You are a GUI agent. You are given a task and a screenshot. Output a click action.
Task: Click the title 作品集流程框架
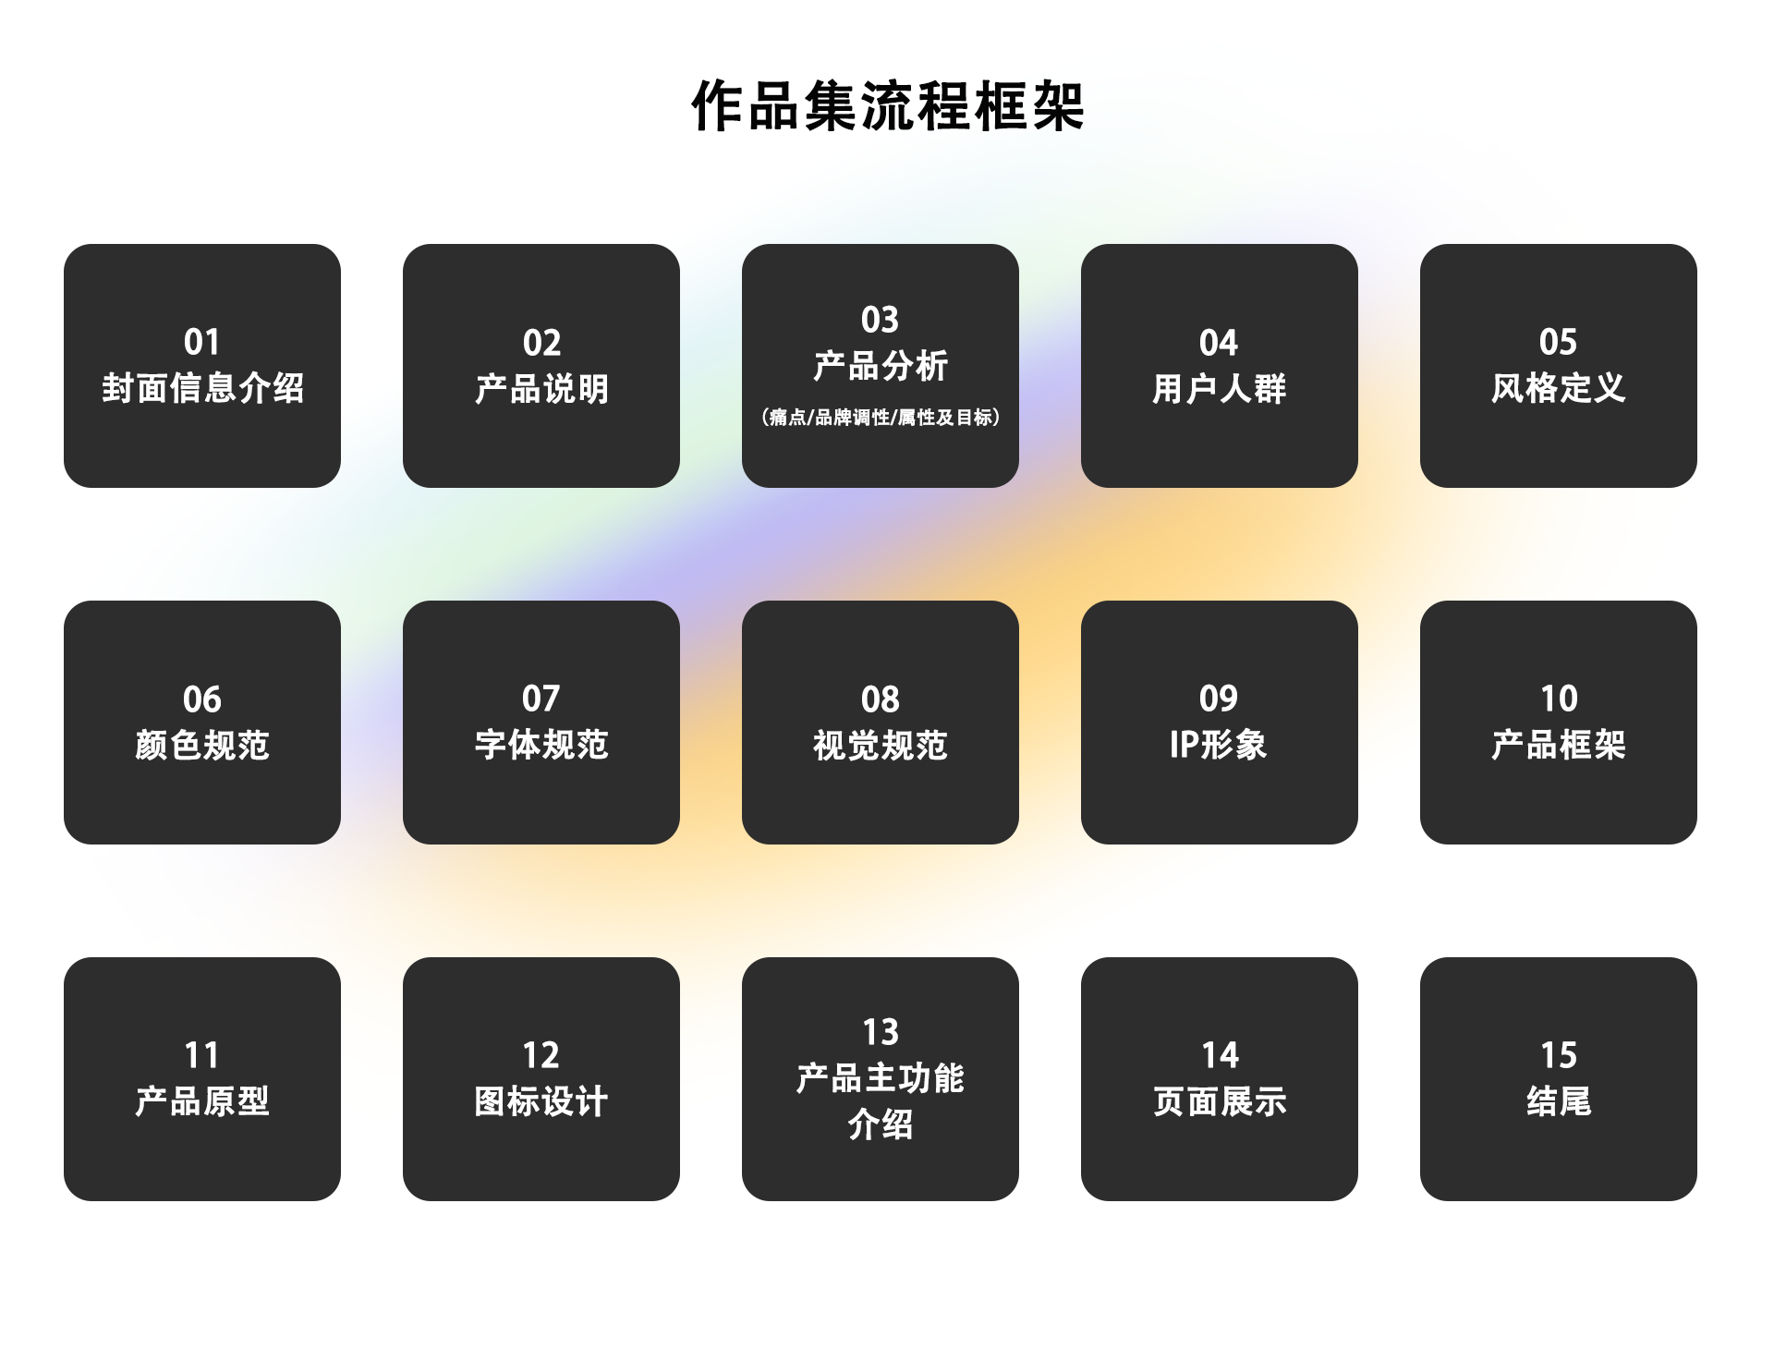[x=887, y=105]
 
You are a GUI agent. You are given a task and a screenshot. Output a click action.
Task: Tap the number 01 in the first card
[x=201, y=342]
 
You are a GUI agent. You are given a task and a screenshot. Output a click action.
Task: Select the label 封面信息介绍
[x=202, y=388]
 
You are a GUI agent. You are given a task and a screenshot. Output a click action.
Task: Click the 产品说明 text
[x=541, y=389]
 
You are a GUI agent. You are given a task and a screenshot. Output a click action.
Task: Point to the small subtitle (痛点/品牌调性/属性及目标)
[x=881, y=418]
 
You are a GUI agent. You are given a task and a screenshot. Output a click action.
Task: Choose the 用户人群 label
[x=1219, y=389]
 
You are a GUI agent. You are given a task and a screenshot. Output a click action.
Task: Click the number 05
[x=1558, y=342]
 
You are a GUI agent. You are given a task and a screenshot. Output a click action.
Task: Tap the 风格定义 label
[x=1558, y=388]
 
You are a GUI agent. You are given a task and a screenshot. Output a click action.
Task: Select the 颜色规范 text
[x=202, y=745]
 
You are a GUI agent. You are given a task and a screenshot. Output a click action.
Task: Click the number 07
[x=541, y=699]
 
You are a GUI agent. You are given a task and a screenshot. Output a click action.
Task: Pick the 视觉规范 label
[x=881, y=745]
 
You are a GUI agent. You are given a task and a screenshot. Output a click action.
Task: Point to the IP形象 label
[x=1218, y=745]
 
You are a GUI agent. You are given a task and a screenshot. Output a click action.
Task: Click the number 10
[x=1559, y=699]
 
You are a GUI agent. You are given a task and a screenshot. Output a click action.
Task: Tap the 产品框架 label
[x=1558, y=745]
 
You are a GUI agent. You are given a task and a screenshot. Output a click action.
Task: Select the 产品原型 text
[x=202, y=1101]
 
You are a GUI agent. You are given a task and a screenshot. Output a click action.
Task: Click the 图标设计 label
[x=541, y=1101]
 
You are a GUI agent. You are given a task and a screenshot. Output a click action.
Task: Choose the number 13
[x=881, y=1031]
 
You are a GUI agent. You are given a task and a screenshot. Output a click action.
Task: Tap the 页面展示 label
[x=1220, y=1101]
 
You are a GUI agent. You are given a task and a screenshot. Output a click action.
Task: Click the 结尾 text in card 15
[x=1559, y=1101]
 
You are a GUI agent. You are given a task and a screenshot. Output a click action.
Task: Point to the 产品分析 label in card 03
[x=881, y=366]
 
